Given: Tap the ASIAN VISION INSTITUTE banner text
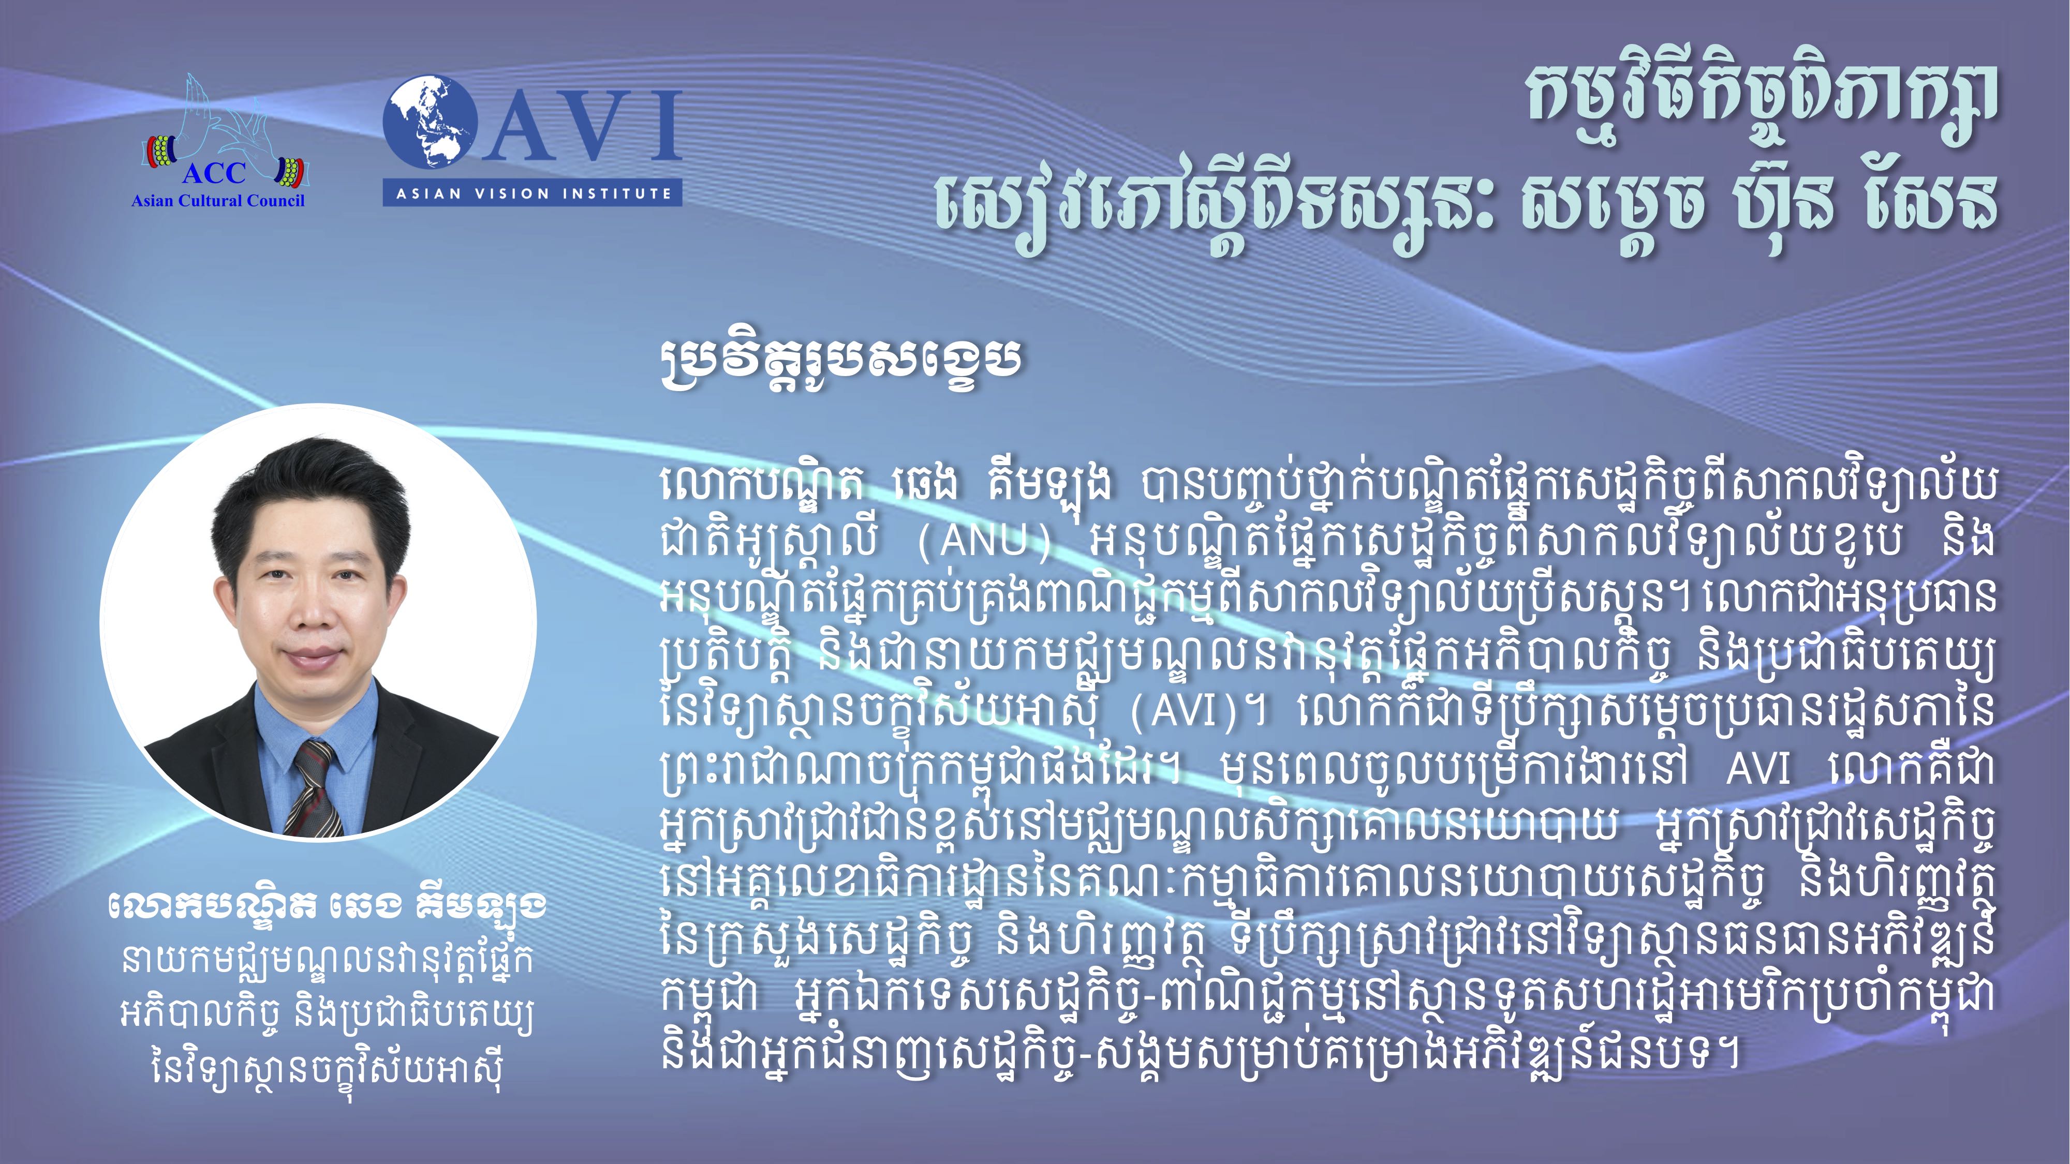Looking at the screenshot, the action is [x=533, y=193].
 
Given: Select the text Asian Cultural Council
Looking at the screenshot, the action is [x=218, y=201].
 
